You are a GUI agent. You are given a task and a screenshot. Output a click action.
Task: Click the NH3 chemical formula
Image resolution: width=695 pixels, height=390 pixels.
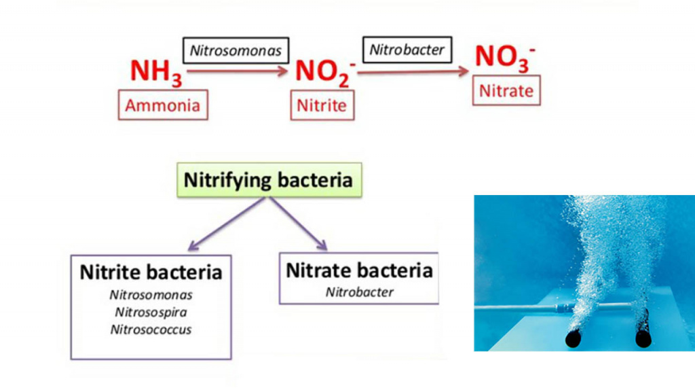click(155, 73)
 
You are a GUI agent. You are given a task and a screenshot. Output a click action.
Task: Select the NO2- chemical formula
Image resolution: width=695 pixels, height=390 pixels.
click(325, 73)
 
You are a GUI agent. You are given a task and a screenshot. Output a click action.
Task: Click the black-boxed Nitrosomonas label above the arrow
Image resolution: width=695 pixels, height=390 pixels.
click(236, 50)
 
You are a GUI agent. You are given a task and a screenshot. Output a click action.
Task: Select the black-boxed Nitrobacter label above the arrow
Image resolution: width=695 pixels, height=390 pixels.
click(407, 50)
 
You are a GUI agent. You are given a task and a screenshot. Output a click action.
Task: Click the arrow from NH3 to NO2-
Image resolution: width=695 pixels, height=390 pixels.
click(237, 71)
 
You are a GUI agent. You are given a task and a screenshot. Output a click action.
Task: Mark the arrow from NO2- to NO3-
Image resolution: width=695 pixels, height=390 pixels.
click(413, 71)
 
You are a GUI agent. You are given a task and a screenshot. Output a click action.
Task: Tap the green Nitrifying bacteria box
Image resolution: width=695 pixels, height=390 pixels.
click(269, 179)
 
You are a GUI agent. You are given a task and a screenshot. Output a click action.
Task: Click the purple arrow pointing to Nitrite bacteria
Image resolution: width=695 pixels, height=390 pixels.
click(227, 224)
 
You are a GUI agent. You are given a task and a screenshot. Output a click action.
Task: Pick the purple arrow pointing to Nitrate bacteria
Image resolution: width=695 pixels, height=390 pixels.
click(299, 224)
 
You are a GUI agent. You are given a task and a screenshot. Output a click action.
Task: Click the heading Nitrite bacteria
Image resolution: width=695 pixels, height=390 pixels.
click(151, 272)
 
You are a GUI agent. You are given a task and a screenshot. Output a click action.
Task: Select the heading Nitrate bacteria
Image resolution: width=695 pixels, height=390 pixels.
click(359, 270)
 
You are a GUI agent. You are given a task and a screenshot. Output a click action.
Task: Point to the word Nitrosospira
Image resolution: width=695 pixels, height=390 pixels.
click(151, 313)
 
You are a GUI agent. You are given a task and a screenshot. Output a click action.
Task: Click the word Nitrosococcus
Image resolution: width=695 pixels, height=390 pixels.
click(151, 330)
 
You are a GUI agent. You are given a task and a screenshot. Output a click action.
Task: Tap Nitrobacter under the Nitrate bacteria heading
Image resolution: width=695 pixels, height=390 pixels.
click(360, 292)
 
